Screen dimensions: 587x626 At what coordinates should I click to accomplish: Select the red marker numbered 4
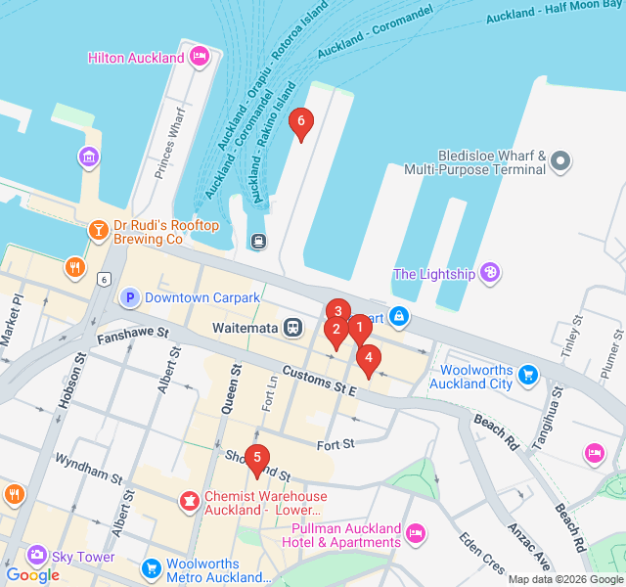tap(368, 359)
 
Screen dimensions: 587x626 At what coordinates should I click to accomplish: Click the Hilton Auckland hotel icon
tap(200, 57)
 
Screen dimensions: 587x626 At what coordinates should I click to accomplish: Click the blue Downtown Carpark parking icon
tap(129, 297)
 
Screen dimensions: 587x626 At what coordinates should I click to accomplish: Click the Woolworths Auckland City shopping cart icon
tap(528, 374)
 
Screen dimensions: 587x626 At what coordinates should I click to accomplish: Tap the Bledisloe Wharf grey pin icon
tap(560, 159)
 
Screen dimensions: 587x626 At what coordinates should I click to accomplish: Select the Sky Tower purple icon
tap(37, 556)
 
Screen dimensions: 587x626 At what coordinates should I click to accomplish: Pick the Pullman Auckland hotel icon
tap(415, 533)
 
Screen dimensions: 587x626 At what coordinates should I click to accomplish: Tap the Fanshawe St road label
tap(127, 337)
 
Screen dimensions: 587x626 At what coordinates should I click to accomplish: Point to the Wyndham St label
tap(87, 469)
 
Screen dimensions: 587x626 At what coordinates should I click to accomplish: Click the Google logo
tap(32, 575)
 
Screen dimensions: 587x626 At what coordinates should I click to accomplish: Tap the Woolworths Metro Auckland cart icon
tap(151, 568)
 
